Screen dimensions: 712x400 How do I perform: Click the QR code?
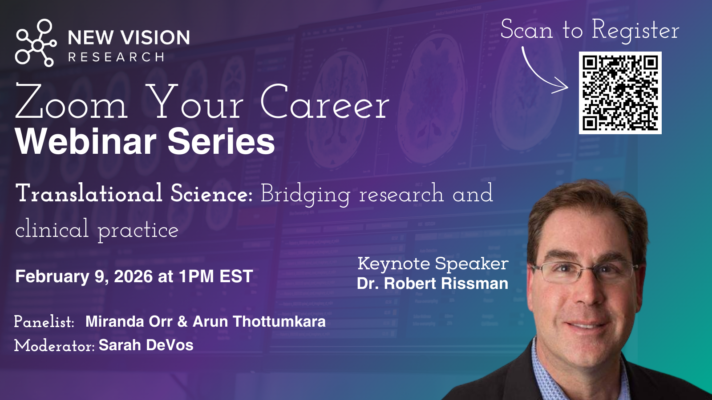pos(620,93)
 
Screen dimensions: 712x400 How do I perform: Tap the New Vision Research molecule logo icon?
pos(36,43)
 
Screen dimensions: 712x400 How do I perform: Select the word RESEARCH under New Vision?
pos(116,57)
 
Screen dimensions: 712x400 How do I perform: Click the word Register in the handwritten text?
pos(635,30)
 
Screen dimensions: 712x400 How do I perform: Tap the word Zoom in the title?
pos(71,102)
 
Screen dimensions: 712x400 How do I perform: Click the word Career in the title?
pos(325,102)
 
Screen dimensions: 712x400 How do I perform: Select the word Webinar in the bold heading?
pos(86,141)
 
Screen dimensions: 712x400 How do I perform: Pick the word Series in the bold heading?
pos(221,141)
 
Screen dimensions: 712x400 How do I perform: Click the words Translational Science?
pos(134,193)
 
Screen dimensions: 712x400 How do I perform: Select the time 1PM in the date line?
pos(196,276)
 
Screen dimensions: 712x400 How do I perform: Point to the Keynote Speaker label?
pos(433,264)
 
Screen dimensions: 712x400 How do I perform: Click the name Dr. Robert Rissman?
pos(433,284)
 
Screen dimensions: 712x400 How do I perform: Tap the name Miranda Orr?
pos(129,321)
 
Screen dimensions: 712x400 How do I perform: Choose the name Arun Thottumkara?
pos(259,321)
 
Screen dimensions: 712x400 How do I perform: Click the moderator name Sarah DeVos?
pos(146,345)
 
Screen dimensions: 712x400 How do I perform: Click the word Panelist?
pos(44,322)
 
